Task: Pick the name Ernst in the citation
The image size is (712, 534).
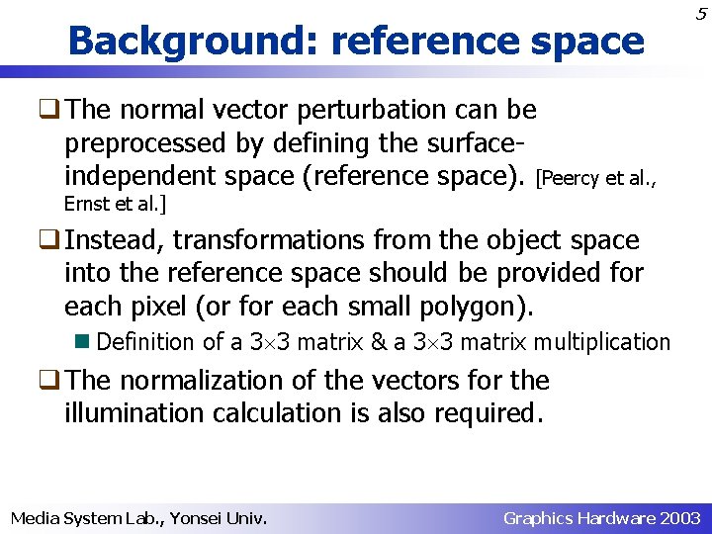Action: coord(83,204)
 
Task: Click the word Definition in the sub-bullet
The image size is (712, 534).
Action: coord(146,342)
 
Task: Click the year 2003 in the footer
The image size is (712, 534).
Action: coord(680,518)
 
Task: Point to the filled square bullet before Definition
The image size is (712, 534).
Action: coord(85,341)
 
